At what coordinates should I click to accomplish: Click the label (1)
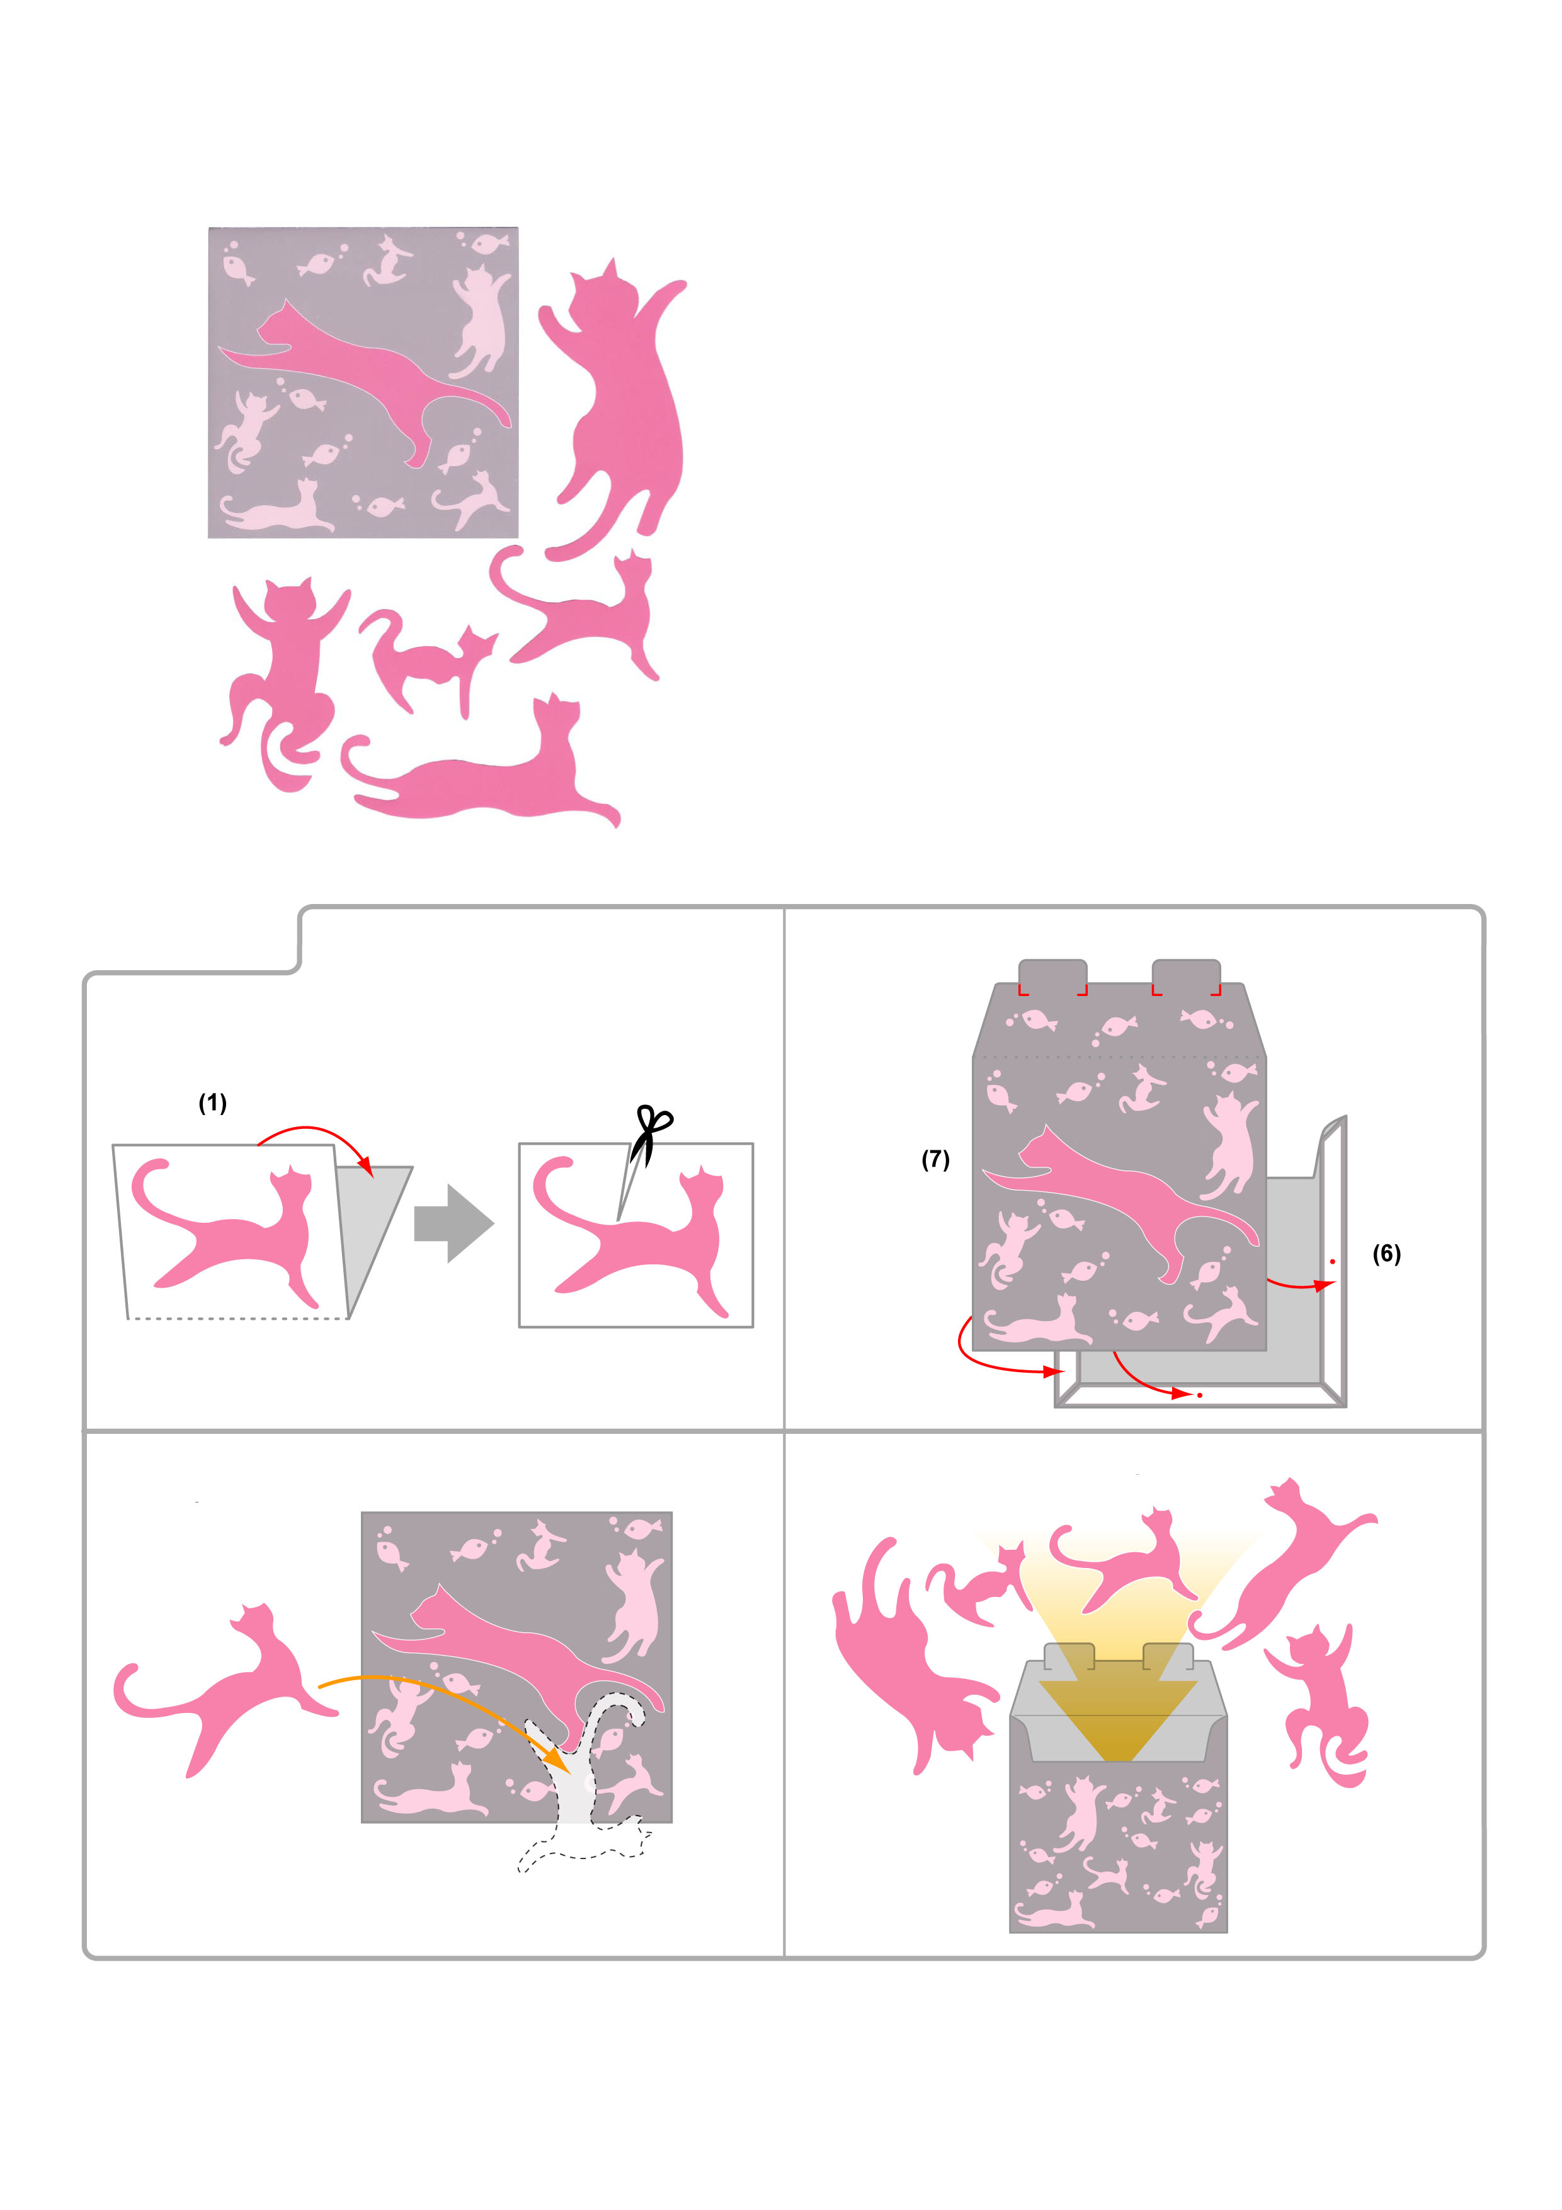coord(213,1103)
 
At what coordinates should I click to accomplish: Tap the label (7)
coord(935,1159)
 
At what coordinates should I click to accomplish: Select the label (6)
coord(1387,1253)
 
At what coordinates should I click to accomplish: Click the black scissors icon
coord(651,1136)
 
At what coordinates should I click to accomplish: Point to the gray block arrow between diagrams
coord(454,1223)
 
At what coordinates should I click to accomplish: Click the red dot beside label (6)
coord(1333,1261)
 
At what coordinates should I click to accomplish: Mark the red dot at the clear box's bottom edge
coord(1200,1395)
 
